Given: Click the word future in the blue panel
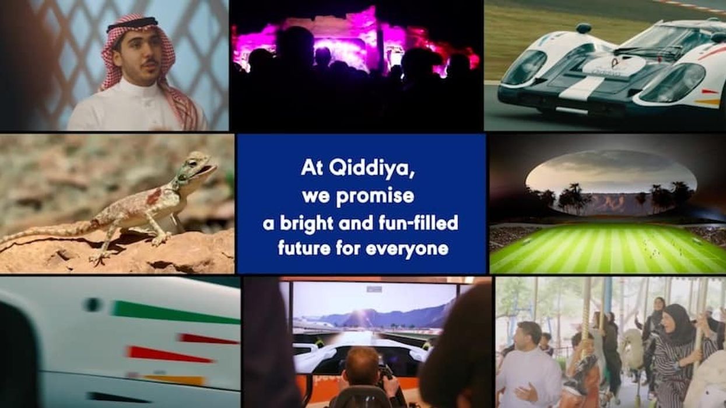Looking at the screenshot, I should pos(304,249).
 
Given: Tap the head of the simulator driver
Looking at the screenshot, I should pos(362,361).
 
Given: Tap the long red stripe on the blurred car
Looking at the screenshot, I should pos(169,354).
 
